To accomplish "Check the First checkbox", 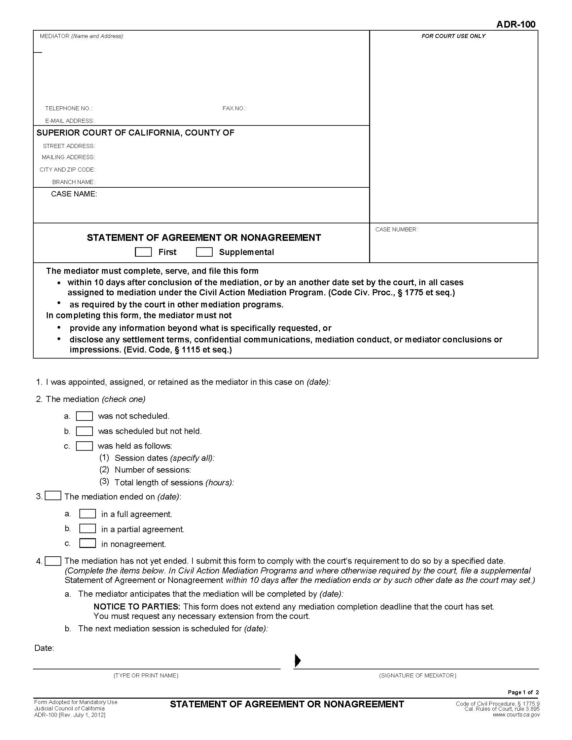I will point(143,252).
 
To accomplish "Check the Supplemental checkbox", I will point(204,252).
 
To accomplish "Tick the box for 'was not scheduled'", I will point(84,416).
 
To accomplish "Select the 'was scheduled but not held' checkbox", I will point(84,431).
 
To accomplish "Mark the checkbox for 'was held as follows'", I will point(84,446).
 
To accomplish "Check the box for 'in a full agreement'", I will point(87,514).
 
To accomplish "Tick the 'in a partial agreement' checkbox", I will point(87,528).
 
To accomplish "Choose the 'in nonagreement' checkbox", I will point(87,544).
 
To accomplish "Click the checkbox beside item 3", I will point(53,496).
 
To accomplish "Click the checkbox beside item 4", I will point(53,561).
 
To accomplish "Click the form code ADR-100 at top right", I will point(516,25).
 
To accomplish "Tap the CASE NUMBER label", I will point(396,230).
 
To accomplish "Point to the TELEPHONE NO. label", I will point(69,108).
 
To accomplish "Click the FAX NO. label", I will point(234,108).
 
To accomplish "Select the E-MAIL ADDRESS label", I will point(69,121).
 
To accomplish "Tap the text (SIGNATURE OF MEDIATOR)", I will point(418,676).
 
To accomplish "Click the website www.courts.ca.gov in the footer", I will point(516,715).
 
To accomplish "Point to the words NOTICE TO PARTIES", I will point(137,606).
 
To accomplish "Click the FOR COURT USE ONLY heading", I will point(453,36).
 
